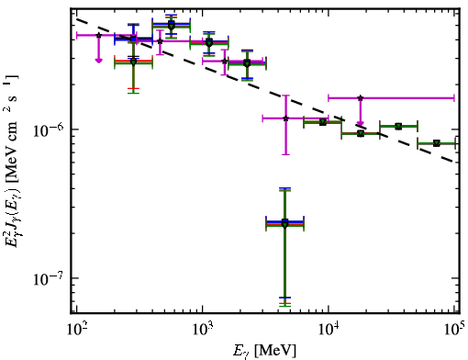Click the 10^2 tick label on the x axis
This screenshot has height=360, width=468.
[x=76, y=330]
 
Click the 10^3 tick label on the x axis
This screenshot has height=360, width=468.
[x=202, y=330]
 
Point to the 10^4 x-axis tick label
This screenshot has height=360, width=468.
[x=329, y=330]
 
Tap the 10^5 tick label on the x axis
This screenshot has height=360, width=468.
[x=454, y=330]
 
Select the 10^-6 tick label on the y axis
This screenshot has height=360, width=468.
[x=48, y=129]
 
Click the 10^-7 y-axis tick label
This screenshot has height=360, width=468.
[x=48, y=278]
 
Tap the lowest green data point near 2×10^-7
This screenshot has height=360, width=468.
[x=284, y=225]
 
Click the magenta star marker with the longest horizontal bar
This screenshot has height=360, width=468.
[x=361, y=98]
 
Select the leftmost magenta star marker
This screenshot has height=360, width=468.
[x=98, y=35]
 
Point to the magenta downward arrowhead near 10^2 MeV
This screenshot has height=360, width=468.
[x=98, y=61]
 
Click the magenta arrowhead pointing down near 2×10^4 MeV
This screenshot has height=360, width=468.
[x=361, y=124]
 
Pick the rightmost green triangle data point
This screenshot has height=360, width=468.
[x=437, y=143]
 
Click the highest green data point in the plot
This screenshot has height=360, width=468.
[x=172, y=27]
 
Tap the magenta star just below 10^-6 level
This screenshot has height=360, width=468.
[x=285, y=118]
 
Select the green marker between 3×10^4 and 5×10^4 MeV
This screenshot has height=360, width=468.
[x=398, y=127]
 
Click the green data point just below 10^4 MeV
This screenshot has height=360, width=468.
[x=323, y=122]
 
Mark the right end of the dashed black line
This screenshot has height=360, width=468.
[x=454, y=161]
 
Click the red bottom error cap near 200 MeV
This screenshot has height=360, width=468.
[x=133, y=88]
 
